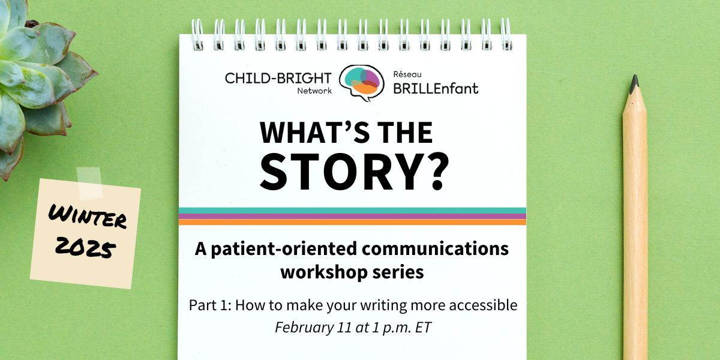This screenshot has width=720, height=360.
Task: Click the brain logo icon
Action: tap(362, 83)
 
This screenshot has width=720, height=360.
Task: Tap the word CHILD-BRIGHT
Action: tap(278, 78)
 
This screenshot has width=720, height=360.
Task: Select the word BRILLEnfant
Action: tap(436, 88)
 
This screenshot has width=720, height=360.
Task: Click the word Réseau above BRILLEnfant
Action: tap(407, 74)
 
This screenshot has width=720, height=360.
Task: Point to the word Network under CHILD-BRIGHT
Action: tap(314, 91)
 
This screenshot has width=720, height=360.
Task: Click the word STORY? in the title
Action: tap(354, 172)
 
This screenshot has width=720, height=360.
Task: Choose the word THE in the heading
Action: tap(405, 133)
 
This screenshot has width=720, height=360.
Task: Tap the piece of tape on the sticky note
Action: tap(89, 182)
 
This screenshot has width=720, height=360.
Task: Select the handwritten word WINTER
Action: tap(88, 218)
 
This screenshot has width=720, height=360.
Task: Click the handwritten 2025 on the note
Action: tap(85, 247)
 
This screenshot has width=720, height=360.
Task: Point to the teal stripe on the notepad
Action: tap(352, 211)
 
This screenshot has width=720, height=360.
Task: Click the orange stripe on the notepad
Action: tap(352, 222)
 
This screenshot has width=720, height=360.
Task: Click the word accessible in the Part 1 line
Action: tap(483, 305)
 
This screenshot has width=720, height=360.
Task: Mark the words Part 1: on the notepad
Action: tap(210, 305)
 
